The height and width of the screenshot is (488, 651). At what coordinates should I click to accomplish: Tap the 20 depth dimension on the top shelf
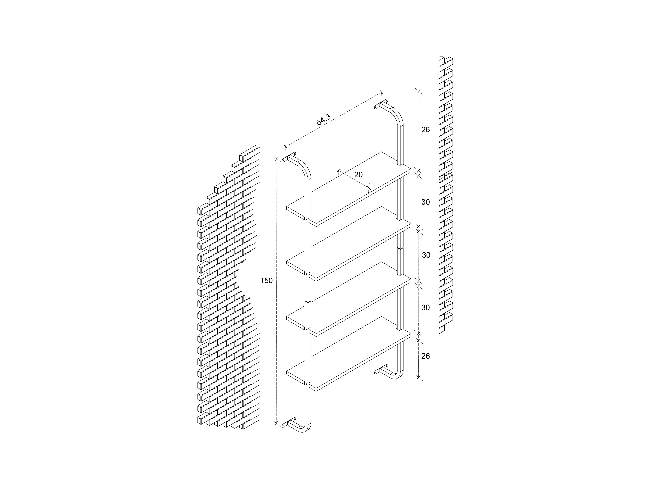tap(358, 175)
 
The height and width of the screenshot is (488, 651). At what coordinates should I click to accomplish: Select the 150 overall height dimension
tap(266, 281)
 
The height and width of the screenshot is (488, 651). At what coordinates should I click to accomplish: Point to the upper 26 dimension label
tap(425, 129)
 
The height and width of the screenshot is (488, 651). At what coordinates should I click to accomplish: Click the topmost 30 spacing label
tap(425, 202)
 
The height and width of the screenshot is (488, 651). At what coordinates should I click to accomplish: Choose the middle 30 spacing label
tap(426, 255)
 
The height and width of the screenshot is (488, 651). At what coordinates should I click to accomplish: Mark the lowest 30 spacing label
tap(425, 307)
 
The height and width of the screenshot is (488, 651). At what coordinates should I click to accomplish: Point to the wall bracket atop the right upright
tap(381, 103)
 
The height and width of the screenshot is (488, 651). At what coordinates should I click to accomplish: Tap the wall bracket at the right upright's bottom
tap(381, 370)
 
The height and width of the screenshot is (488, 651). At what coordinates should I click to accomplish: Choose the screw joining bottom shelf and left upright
tap(306, 384)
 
